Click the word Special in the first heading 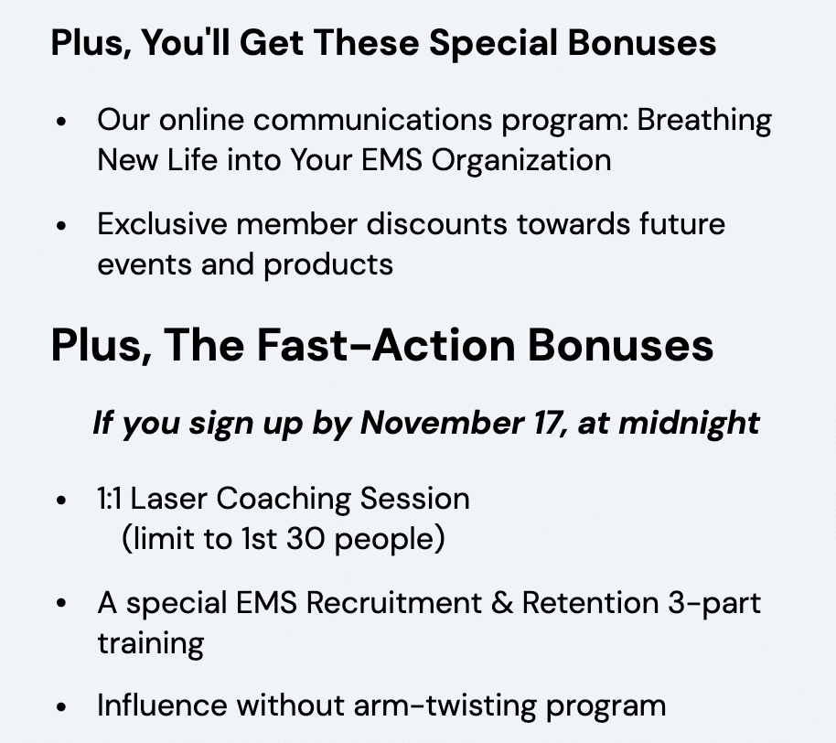click(493, 44)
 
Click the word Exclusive click(162, 224)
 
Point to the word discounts click(436, 224)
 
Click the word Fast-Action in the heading click(386, 346)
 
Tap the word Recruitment click(393, 604)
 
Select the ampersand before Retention click(502, 604)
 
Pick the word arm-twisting click(445, 706)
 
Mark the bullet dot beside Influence click(61, 707)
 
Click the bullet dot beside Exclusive click(61, 225)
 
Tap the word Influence click(162, 705)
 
